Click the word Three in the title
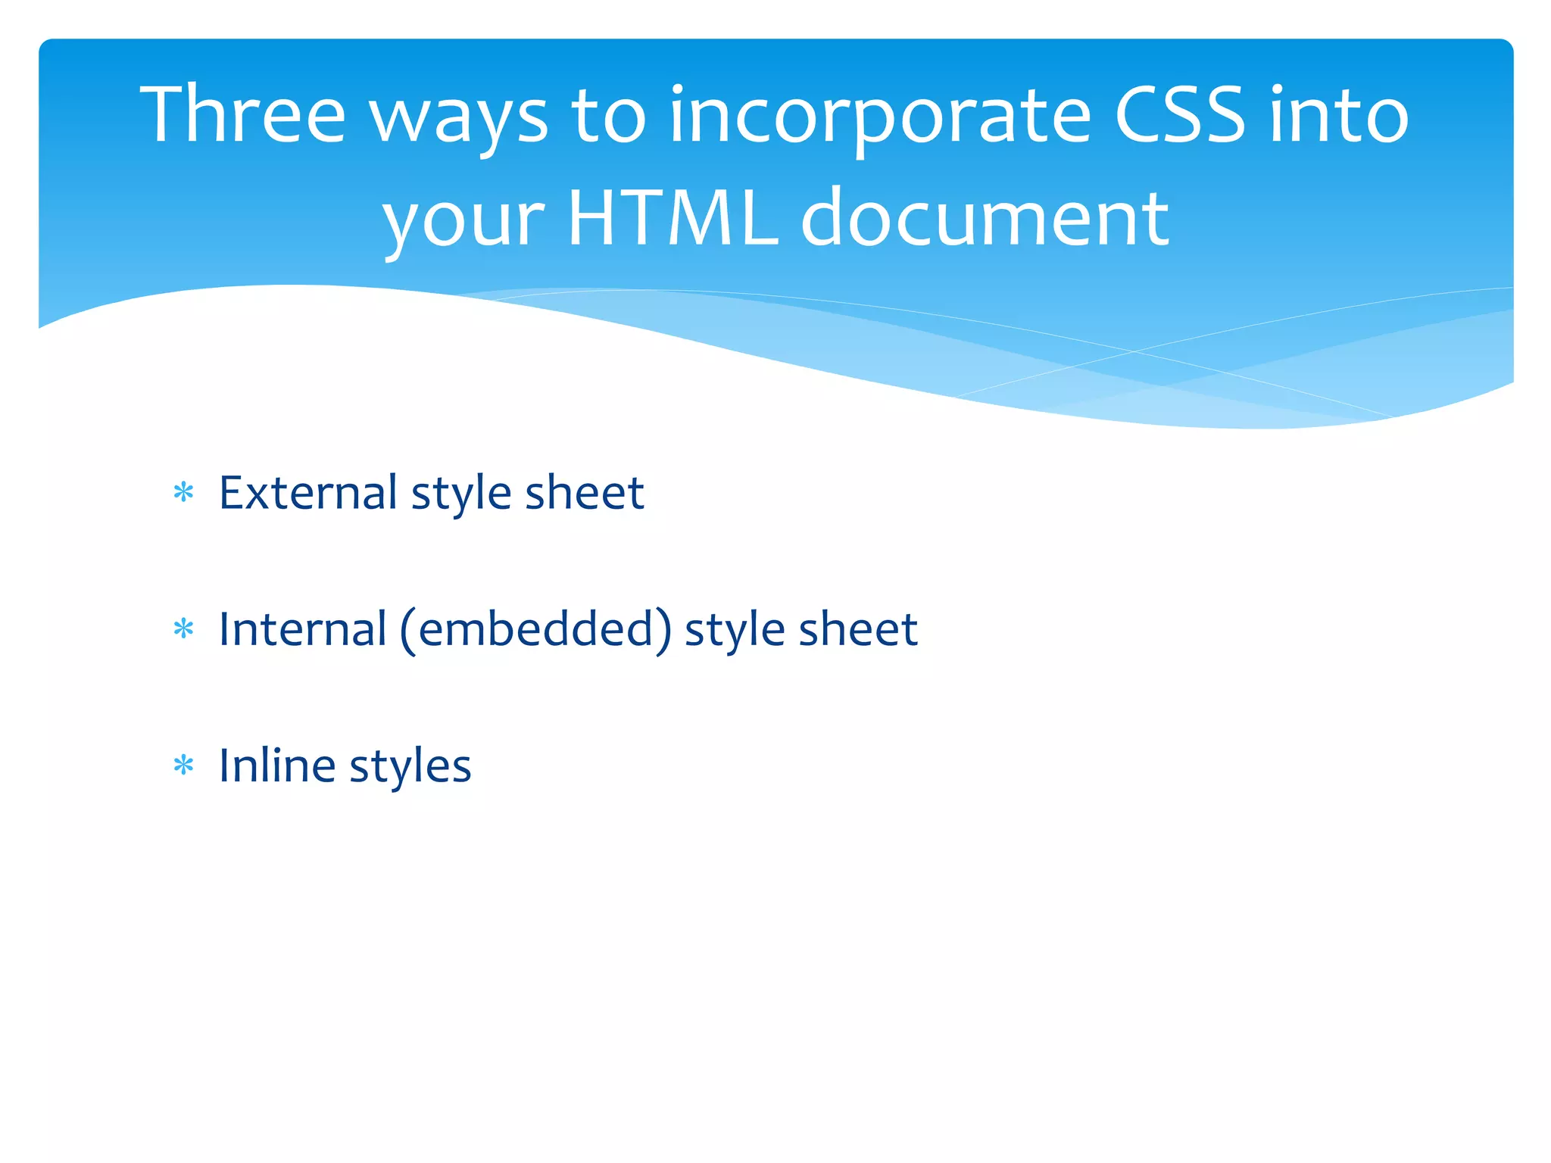[x=242, y=115]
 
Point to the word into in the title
[x=1339, y=115]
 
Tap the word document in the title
[x=985, y=218]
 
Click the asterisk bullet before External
[x=183, y=494]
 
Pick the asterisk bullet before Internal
[x=183, y=629]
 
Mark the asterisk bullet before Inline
[x=183, y=765]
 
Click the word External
[x=307, y=493]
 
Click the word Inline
[x=277, y=765]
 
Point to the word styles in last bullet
[x=410, y=767]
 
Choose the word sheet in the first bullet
[x=584, y=493]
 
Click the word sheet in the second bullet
[x=858, y=629]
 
